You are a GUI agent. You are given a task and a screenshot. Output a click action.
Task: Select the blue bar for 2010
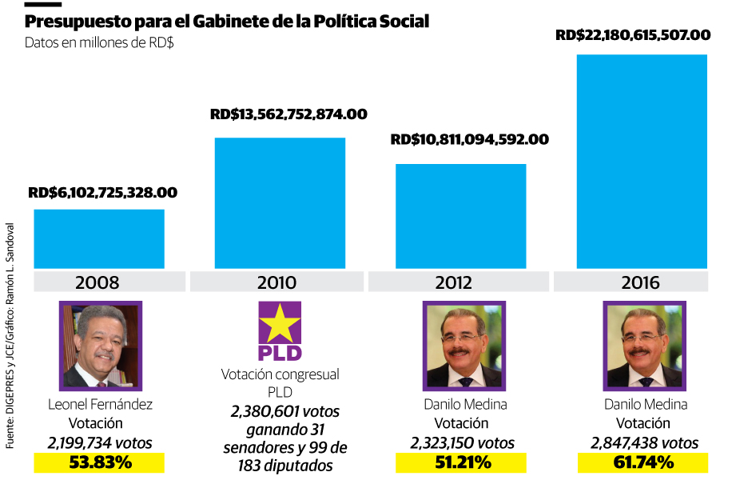(x=280, y=203)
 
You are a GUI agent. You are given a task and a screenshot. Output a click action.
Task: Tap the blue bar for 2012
(x=461, y=216)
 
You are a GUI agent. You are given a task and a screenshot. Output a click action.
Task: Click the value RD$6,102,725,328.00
(x=102, y=193)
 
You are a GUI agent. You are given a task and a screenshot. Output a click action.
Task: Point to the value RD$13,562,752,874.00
(x=288, y=114)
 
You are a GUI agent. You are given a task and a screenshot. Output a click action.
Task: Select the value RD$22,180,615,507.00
(x=632, y=35)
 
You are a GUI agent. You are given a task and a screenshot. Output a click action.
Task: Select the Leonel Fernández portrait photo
(x=100, y=346)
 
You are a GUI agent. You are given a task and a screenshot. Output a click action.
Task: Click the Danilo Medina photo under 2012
(x=464, y=346)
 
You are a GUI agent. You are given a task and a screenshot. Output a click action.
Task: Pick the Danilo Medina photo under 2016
(x=645, y=346)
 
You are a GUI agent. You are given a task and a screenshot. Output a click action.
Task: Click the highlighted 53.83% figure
(x=99, y=462)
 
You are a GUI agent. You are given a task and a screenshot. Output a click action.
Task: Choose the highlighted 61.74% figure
(x=643, y=462)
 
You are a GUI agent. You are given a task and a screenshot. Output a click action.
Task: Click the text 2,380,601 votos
(x=280, y=411)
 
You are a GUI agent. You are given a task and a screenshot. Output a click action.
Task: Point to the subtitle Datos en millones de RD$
(x=99, y=42)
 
